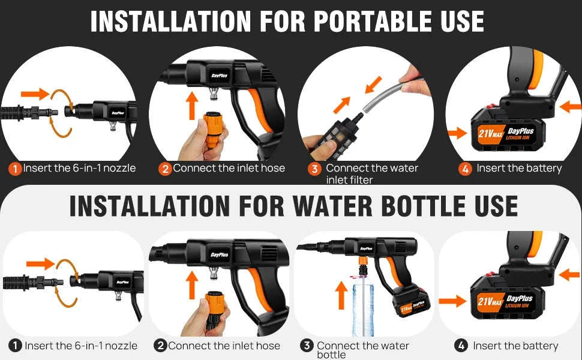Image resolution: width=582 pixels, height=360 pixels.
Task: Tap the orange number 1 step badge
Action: [x=15, y=169]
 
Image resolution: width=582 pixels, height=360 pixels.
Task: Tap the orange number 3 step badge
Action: [x=314, y=169]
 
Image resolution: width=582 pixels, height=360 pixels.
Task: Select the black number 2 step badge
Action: [x=160, y=346]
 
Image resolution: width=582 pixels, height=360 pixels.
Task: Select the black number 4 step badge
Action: [x=461, y=346]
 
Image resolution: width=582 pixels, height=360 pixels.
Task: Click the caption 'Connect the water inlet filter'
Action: [x=372, y=174]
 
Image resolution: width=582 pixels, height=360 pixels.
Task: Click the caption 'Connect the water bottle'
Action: [x=362, y=350]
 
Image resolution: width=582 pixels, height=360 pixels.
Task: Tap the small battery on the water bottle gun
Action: [x=410, y=302]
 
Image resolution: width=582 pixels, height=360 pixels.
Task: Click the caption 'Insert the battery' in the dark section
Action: [x=519, y=169]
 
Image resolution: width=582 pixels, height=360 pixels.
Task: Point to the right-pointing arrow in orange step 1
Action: [x=34, y=94]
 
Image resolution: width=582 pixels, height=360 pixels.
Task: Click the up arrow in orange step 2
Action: [x=191, y=104]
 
